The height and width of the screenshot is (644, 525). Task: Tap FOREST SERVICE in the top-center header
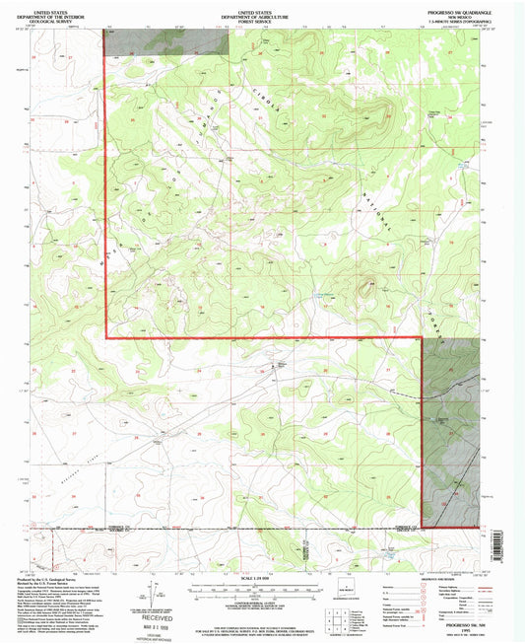pyautogui.click(x=262, y=16)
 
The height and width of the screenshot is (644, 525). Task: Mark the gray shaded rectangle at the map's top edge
pyautogui.click(x=164, y=40)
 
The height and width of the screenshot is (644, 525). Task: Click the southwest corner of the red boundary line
pyautogui.click(x=106, y=338)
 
